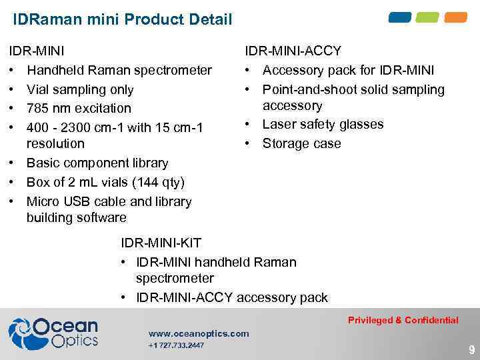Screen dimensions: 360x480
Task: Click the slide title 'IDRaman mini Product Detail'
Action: coord(122,19)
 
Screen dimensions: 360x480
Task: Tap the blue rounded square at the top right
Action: coord(400,17)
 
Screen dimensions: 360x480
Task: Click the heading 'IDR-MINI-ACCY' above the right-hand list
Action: coord(293,51)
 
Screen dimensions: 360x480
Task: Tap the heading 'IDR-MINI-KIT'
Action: coord(161,243)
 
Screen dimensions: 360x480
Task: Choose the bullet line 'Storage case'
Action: coord(301,143)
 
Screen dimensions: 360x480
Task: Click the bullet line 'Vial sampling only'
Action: coord(79,89)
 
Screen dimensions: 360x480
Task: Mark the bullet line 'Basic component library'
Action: coord(97,163)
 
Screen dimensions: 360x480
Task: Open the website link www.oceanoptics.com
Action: coord(199,333)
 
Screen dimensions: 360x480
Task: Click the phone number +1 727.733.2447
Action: coord(176,345)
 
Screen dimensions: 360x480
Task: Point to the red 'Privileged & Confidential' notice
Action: coord(403,320)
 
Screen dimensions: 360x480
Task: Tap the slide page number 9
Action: coord(471,349)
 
